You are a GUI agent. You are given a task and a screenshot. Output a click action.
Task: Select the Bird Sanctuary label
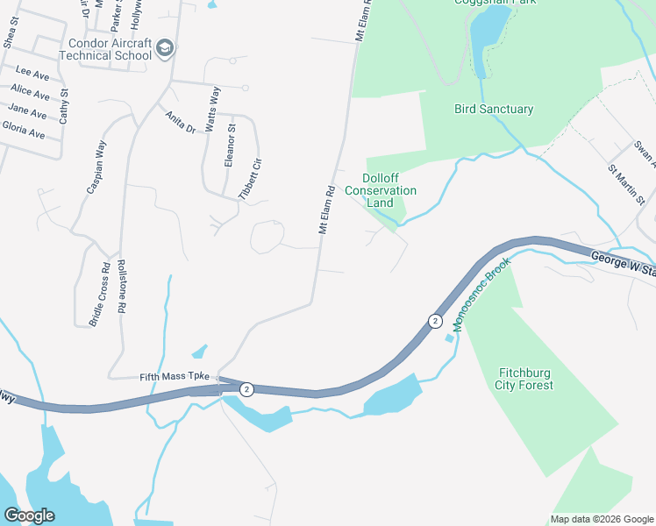point(494,110)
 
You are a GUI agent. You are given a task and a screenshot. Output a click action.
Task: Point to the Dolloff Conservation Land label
point(380,190)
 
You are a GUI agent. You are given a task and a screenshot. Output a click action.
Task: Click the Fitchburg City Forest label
point(524,378)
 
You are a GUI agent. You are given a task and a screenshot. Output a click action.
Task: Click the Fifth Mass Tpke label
point(175,377)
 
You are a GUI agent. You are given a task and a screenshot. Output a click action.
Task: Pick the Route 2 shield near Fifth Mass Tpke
point(247,389)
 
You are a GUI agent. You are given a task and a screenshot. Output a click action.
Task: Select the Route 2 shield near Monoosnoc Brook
point(435,321)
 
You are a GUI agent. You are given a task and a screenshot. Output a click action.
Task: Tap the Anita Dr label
point(180,120)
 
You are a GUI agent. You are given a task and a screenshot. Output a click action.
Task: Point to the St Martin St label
point(626,184)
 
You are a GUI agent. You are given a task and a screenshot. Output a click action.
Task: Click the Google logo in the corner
point(29,515)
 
